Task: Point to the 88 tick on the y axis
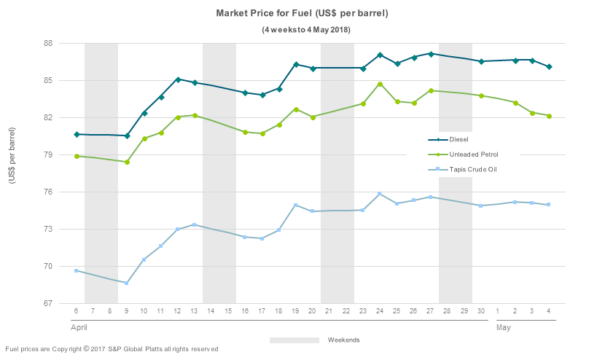[47, 43]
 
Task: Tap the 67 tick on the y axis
[47, 303]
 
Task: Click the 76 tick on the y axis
[47, 192]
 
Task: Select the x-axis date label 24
[380, 311]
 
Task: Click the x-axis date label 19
[296, 311]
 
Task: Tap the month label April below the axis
[79, 328]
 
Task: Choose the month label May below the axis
[503, 328]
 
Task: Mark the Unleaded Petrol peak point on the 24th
[380, 84]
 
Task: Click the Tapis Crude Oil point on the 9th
[127, 283]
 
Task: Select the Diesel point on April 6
[77, 134]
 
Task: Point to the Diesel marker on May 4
[549, 66]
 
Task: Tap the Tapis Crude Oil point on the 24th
[380, 194]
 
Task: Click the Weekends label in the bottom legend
[343, 340]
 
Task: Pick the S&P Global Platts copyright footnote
[112, 349]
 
